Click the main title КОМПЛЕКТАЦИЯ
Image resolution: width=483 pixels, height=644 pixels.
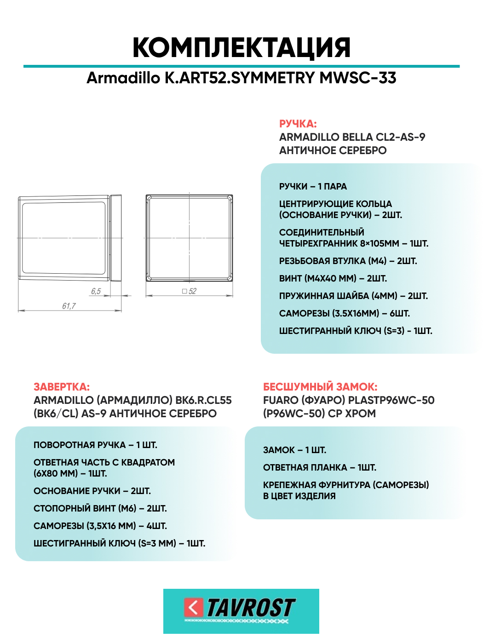(x=241, y=47)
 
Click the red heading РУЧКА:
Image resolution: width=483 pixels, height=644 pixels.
(x=298, y=124)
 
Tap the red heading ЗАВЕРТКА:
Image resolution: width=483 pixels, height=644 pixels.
(x=62, y=387)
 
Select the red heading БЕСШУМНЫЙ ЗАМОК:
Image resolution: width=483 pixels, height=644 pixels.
(x=320, y=387)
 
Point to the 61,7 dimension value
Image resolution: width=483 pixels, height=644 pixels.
(x=69, y=306)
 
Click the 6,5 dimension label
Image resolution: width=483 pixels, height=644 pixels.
(x=96, y=291)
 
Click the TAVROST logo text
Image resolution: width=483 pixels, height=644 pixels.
(x=251, y=608)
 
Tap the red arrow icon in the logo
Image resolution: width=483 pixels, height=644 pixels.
(x=193, y=607)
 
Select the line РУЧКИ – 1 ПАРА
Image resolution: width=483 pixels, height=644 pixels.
(x=313, y=186)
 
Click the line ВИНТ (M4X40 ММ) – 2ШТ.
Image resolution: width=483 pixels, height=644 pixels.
(x=333, y=278)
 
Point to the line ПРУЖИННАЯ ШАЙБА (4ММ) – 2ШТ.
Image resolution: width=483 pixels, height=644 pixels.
(x=353, y=296)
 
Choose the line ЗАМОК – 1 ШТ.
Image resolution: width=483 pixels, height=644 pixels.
(x=294, y=450)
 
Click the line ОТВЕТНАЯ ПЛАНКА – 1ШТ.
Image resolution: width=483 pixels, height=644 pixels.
(x=320, y=467)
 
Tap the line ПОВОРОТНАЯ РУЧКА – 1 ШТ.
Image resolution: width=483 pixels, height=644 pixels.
(x=95, y=445)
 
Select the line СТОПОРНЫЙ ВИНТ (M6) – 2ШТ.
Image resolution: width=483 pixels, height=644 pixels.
(x=100, y=508)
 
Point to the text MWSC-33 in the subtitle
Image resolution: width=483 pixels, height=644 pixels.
(x=358, y=78)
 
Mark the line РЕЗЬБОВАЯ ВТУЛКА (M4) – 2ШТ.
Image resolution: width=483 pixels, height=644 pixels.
(x=348, y=261)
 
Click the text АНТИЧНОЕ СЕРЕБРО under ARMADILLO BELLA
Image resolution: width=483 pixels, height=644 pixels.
(x=333, y=150)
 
